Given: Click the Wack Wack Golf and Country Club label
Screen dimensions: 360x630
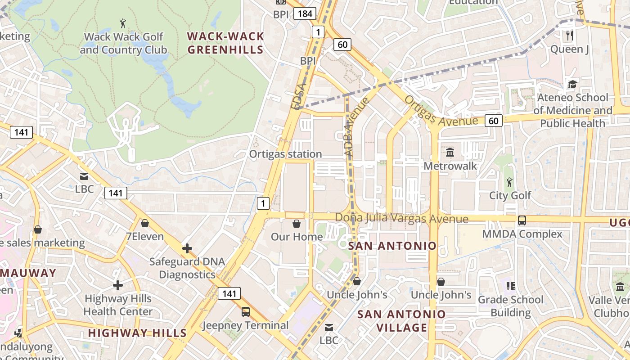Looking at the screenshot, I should (123, 43).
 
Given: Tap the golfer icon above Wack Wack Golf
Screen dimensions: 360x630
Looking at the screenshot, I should (123, 23).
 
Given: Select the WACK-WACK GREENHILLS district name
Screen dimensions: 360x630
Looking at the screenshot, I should (225, 43).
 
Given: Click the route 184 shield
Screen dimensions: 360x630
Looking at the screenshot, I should (305, 13).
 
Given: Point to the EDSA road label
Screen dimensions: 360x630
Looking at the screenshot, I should (298, 96).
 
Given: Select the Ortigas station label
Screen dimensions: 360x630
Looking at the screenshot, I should (286, 154).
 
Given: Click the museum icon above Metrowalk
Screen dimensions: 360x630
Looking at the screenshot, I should (450, 152).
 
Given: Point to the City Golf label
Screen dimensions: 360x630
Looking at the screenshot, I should (510, 195).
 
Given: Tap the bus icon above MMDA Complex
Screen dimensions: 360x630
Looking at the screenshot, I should (522, 220).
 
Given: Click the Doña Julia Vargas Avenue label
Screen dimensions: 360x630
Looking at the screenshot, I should (401, 219).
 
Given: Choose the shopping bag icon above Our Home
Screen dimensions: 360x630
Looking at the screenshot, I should (297, 224).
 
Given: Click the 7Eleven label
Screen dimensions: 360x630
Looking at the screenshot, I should (145, 236).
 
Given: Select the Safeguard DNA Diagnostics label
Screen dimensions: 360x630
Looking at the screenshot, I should (187, 268).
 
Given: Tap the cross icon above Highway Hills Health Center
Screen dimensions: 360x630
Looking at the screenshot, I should (118, 285).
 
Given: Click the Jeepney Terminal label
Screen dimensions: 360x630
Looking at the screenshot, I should (245, 325).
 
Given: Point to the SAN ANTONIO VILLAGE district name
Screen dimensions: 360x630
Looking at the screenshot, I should (401, 321).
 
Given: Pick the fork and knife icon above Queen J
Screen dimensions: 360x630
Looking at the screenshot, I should (570, 35).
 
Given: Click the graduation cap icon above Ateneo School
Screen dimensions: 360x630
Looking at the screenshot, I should (572, 84).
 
